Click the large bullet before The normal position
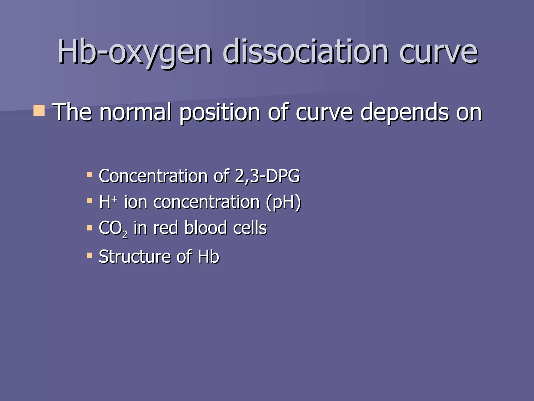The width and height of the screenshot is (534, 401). pos(39,110)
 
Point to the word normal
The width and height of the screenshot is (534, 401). pos(136,112)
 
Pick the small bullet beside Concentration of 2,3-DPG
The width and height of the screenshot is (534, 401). pos(89,174)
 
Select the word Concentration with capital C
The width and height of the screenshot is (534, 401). pos(153,176)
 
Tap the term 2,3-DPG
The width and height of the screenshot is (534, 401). pos(267,176)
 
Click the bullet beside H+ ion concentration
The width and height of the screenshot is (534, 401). pos(89,200)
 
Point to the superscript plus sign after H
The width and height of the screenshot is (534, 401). pos(115,199)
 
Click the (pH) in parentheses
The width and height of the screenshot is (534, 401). pos(283,203)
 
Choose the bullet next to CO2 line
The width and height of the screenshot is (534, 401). pos(89,228)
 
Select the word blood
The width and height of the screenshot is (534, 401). pos(206,228)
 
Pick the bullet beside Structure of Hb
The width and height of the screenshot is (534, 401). pos(89,255)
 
